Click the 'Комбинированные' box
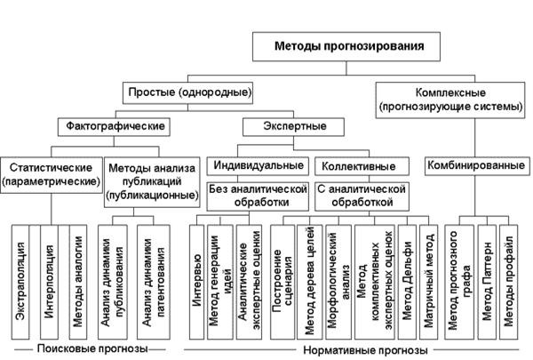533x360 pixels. pyautogui.click(x=469, y=165)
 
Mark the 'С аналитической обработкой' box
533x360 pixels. pyautogui.click(x=360, y=196)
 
